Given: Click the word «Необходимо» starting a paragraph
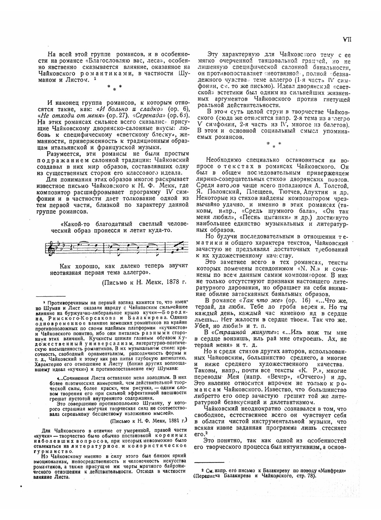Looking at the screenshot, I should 223,160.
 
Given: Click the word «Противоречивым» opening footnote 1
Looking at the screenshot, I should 65,302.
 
